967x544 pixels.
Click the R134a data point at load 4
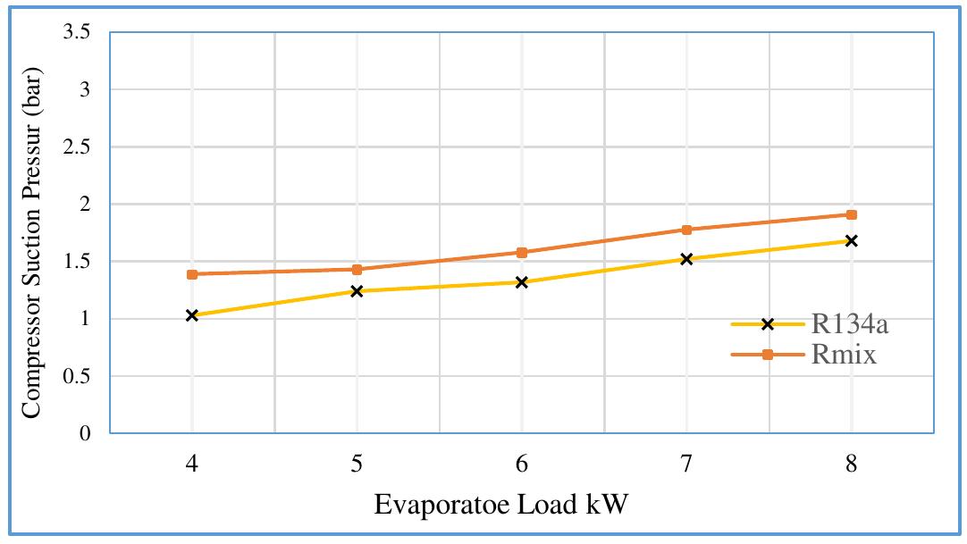[x=192, y=315]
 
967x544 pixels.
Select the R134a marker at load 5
[x=357, y=291]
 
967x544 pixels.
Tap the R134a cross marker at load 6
[x=522, y=282]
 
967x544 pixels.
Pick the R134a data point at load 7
[x=686, y=259]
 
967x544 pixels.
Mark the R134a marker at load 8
[x=851, y=240]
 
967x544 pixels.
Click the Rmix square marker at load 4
[x=192, y=274]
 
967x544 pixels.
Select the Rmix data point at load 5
[x=357, y=270]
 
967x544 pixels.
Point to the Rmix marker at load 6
[x=522, y=253]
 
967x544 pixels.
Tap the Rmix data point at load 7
[x=686, y=230]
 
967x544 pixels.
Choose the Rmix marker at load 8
[x=851, y=214]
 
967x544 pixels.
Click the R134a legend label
[x=850, y=324]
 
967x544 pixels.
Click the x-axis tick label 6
[x=522, y=464]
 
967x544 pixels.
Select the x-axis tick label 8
[x=851, y=464]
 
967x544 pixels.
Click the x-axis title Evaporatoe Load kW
[x=501, y=505]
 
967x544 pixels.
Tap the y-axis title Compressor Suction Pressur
[x=32, y=233]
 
